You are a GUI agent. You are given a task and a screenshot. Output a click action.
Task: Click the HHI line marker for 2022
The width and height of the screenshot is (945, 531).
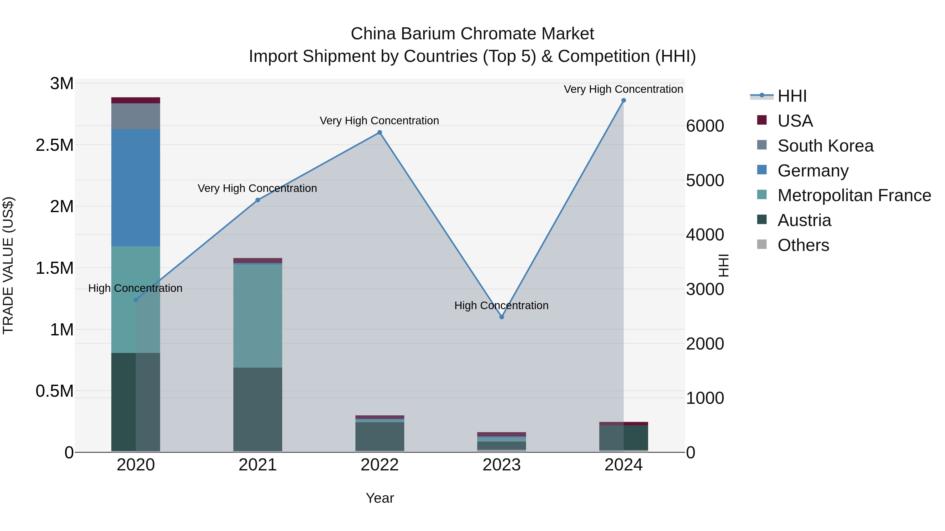380,133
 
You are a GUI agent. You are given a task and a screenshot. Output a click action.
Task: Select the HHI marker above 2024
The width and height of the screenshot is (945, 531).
624,100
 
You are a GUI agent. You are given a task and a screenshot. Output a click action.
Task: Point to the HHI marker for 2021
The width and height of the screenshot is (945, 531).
258,200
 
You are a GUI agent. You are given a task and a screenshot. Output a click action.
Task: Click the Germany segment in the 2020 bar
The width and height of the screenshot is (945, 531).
136,188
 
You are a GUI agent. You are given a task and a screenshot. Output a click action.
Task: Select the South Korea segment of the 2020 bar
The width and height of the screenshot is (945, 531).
136,116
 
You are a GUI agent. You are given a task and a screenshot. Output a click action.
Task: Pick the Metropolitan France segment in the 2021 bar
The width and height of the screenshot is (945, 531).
258,316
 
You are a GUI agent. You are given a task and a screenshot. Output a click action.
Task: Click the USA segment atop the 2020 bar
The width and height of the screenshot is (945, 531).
136,100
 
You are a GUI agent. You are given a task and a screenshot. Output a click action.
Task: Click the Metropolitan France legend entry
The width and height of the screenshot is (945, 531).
854,196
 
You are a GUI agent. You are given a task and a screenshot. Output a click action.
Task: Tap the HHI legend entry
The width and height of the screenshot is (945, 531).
792,96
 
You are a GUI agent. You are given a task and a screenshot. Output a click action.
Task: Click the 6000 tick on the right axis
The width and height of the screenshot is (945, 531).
705,126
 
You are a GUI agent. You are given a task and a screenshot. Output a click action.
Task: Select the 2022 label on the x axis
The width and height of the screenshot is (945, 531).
380,465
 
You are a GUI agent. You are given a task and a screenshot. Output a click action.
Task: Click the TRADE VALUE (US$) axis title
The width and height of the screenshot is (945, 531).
8,265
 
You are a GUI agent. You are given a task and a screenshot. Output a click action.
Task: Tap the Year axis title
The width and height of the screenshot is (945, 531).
380,498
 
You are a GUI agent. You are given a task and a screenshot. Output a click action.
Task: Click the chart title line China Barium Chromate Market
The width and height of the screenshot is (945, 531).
472,34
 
